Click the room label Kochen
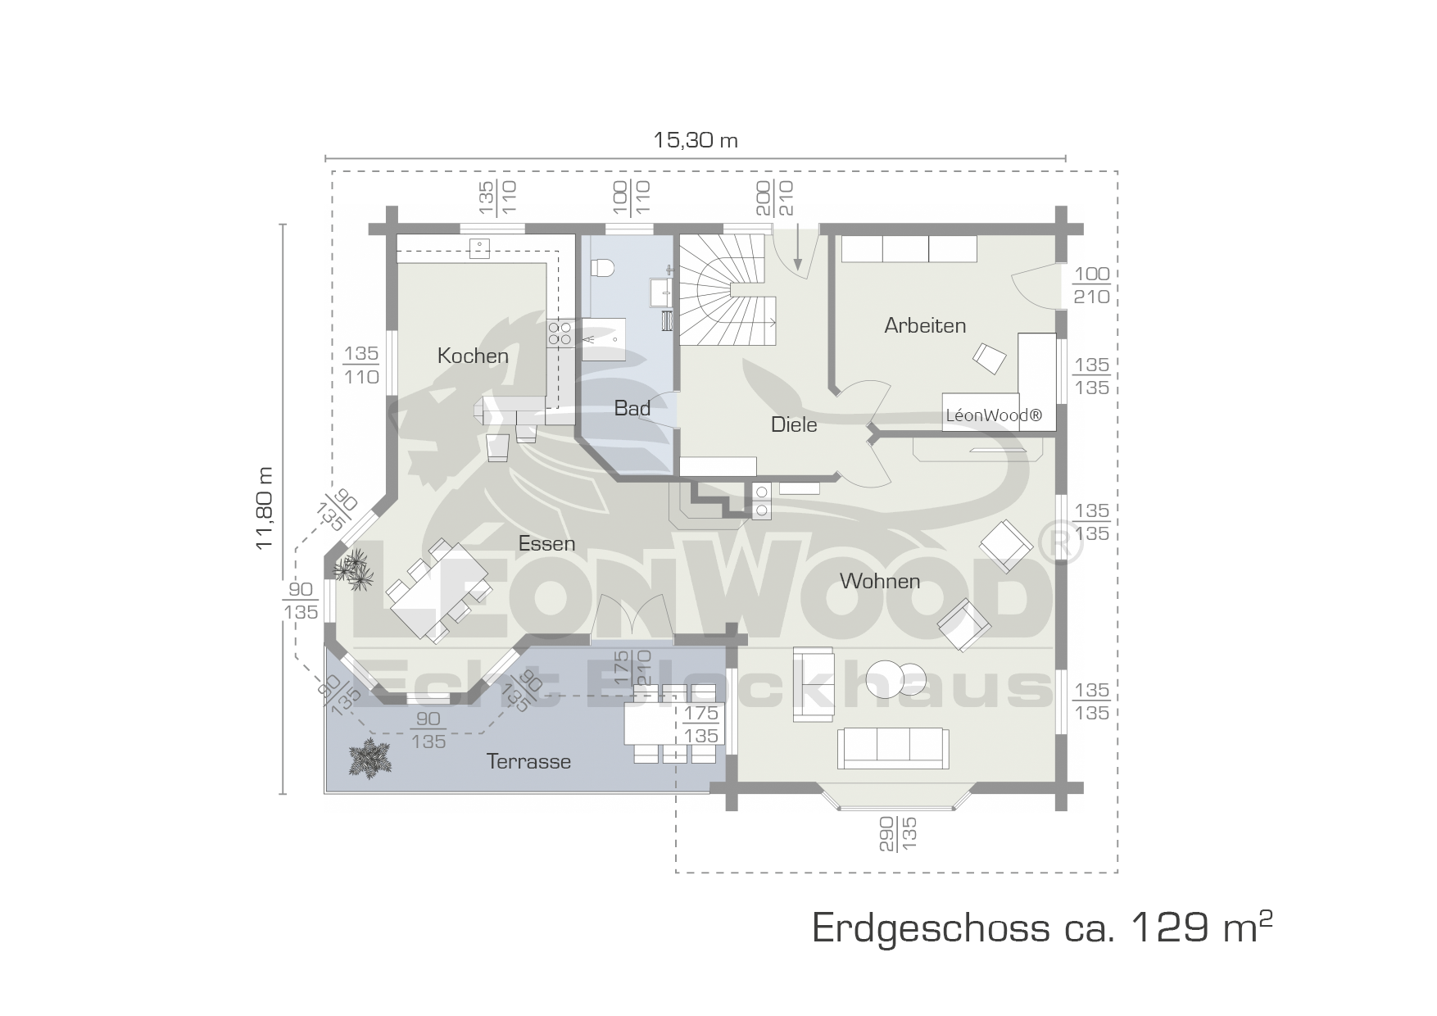473,356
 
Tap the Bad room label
632,408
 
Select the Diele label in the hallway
794,424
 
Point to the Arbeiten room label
925,325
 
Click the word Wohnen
880,581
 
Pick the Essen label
546,543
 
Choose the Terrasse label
528,761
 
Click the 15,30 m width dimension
696,140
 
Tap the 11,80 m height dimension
264,508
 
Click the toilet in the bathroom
603,267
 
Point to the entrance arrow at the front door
797,247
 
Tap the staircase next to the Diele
729,291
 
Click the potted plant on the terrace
369,758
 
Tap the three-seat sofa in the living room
893,747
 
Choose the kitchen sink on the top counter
478,248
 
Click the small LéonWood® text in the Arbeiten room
994,415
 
